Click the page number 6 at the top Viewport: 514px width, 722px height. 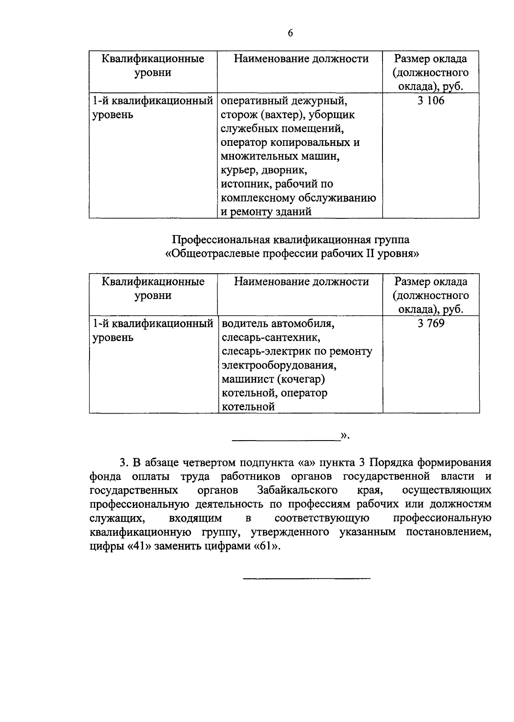pyautogui.click(x=290, y=33)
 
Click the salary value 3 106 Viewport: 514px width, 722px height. pyautogui.click(x=431, y=101)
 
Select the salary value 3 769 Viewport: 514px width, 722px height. pyautogui.click(x=431, y=323)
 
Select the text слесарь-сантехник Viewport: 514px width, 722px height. pyautogui.click(x=271, y=337)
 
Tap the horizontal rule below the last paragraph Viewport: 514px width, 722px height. pyautogui.click(x=306, y=579)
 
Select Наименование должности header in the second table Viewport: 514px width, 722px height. pyautogui.click(x=301, y=282)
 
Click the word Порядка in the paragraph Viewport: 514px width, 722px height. pyautogui.click(x=391, y=462)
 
